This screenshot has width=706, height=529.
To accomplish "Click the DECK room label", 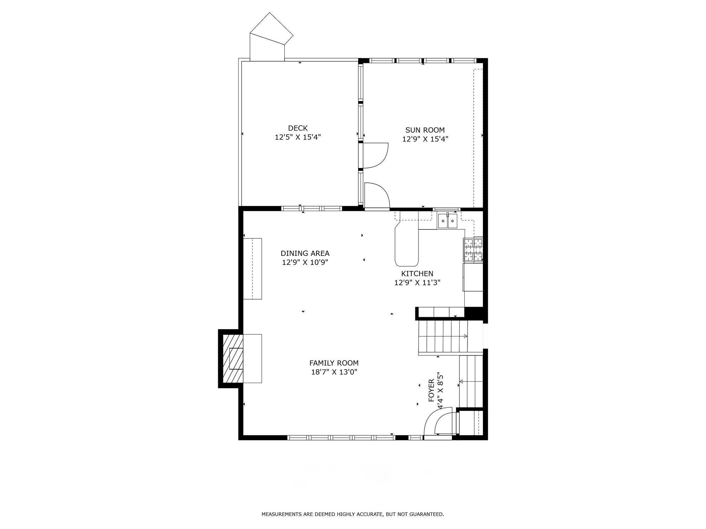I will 297,128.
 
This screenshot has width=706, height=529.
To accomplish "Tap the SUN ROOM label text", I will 425,130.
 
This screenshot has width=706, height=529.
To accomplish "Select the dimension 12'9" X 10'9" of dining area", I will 305,262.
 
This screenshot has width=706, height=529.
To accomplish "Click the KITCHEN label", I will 417,273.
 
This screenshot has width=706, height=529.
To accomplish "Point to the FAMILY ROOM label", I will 334,363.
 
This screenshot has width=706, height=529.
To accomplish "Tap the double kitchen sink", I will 447,221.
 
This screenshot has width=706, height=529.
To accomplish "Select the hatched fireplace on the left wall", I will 233,359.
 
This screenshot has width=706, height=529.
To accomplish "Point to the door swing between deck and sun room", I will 375,156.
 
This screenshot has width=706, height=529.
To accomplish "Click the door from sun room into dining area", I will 376,196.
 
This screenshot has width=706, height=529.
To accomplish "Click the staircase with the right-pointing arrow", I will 443,336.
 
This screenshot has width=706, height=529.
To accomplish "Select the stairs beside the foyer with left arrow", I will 471,381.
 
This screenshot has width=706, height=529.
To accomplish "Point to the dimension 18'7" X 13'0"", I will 334,372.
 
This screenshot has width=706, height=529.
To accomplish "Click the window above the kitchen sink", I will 446,209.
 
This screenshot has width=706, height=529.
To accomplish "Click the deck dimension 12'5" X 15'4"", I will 297,137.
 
